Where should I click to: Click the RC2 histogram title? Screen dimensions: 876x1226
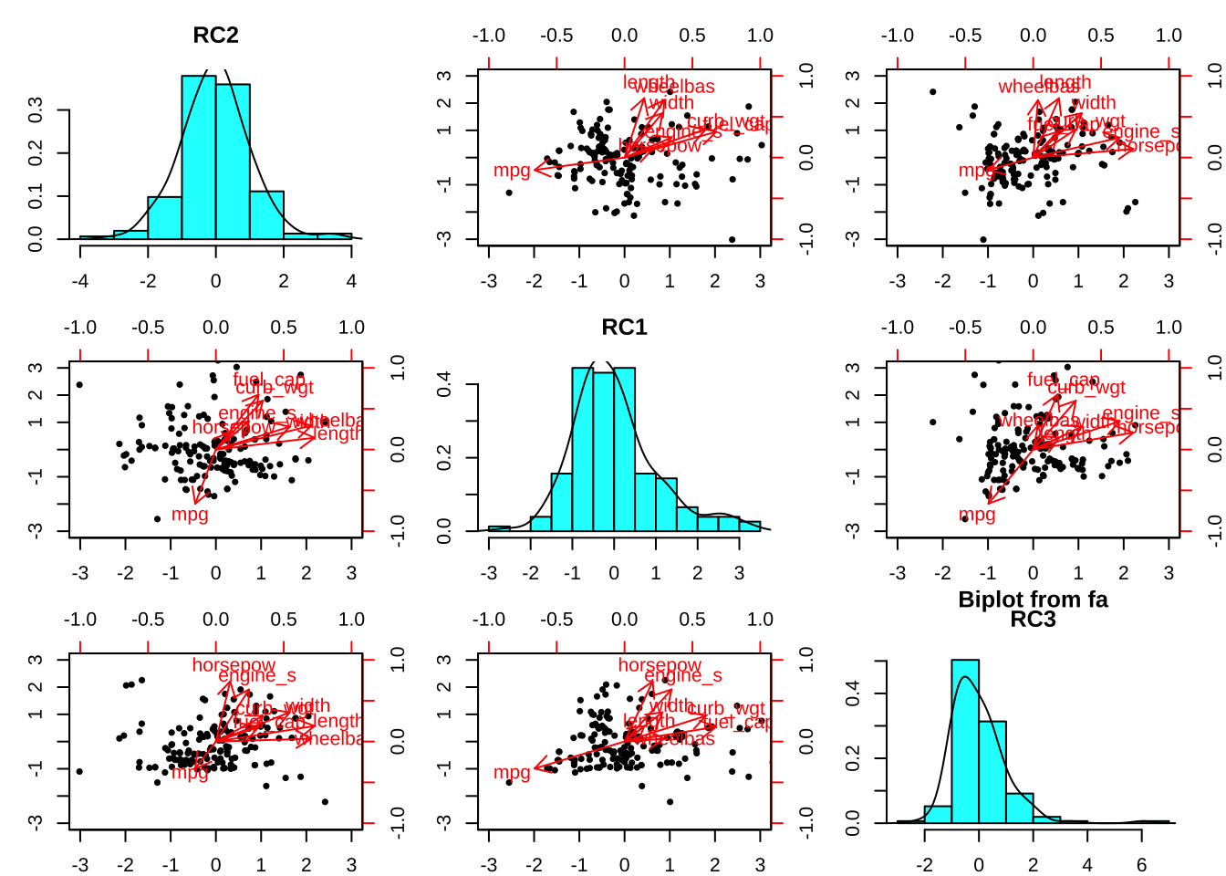tap(215, 36)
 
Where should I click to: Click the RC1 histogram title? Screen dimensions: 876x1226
tap(624, 328)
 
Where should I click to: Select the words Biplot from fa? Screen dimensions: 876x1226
tap(1033, 600)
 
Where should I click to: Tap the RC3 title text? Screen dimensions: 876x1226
tap(1033, 620)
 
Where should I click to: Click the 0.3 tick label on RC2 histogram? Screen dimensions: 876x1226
tap(36, 110)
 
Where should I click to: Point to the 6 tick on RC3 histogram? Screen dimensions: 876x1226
tap(1141, 865)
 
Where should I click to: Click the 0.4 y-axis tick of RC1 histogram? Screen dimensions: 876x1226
tap(444, 385)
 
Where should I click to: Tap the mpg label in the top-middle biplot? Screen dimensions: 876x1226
tap(512, 171)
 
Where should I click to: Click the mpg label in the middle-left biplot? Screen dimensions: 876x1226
tap(190, 515)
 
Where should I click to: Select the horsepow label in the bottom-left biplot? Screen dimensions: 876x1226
tap(234, 665)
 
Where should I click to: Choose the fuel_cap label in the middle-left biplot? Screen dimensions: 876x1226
tap(269, 380)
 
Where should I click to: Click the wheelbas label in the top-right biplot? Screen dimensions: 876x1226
tap(1037, 88)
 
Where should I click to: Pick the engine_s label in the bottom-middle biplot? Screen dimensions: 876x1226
tap(683, 675)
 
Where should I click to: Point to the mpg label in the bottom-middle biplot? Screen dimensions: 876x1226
tap(512, 773)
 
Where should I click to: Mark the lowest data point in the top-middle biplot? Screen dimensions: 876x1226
tap(732, 240)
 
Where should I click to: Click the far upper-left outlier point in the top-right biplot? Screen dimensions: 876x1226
tap(932, 92)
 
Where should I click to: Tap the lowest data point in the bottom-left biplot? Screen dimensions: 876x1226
tap(325, 802)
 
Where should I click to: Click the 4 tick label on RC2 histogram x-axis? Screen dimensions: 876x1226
tap(351, 281)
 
